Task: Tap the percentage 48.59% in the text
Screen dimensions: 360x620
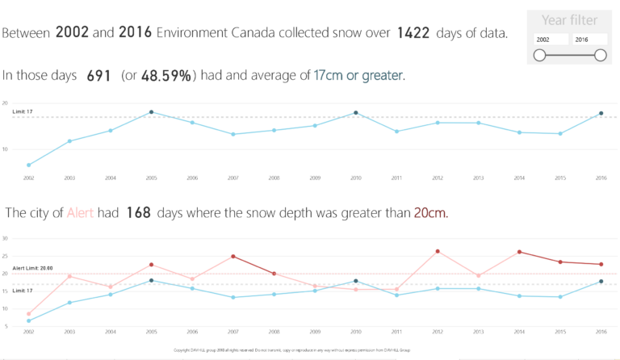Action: pos(167,75)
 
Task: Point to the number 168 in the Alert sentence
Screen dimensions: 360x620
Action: pos(139,213)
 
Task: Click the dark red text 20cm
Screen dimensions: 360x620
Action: pos(430,213)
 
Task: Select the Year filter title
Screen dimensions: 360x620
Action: pos(570,19)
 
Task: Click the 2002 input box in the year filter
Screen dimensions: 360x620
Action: pos(549,39)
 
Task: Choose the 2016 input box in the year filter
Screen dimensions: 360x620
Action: pos(589,39)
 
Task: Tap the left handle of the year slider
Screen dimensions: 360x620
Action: pos(539,55)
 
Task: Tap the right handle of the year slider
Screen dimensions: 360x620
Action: pos(600,55)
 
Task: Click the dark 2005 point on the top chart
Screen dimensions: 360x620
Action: pos(151,112)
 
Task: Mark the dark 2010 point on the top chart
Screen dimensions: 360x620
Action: pos(355,113)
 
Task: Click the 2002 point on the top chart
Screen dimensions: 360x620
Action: pos(29,165)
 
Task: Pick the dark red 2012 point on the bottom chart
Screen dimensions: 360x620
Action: pos(437,251)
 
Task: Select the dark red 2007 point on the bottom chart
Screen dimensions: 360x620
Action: pos(232,257)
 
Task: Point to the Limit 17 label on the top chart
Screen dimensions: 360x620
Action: pos(23,111)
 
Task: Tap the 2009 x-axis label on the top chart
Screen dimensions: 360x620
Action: pos(314,177)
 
